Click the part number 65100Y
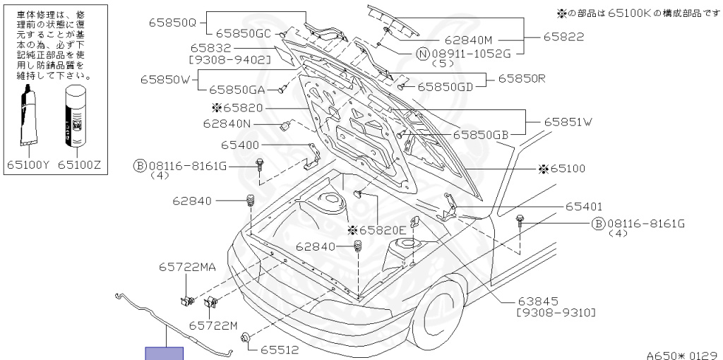coord(28,164)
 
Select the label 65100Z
coord(79,164)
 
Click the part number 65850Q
coord(172,23)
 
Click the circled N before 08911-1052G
coord(422,53)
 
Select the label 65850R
coord(522,78)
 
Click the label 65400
coord(240,144)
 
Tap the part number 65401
coord(583,207)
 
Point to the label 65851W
coord(568,122)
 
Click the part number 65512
coord(280,349)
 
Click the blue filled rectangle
coord(164,353)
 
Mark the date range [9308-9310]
coord(556,312)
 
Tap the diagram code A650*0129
coord(682,355)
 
